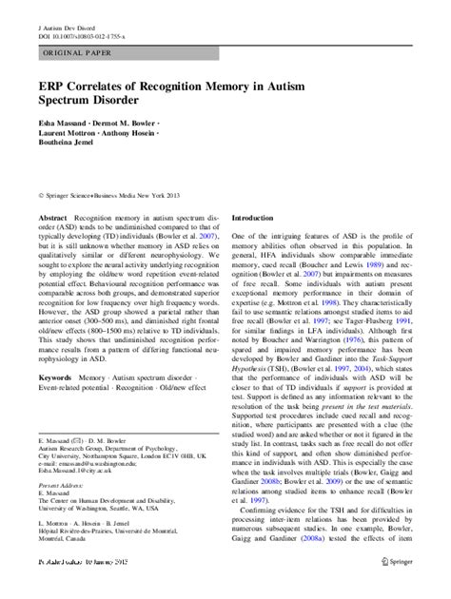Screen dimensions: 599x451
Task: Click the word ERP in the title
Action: [x=56, y=85]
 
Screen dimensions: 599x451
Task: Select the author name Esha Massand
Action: [x=62, y=123]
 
